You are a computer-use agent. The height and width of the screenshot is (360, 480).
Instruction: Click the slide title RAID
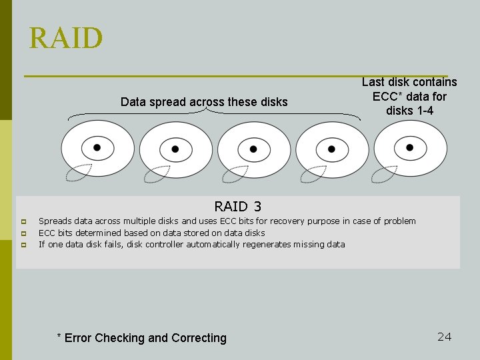(66, 38)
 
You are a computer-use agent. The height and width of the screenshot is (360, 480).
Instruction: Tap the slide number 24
(444, 337)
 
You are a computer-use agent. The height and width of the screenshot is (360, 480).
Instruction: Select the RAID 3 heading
(238, 207)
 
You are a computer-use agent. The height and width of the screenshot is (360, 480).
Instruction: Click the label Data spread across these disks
(204, 102)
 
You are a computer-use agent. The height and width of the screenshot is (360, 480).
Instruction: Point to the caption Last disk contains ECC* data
(409, 89)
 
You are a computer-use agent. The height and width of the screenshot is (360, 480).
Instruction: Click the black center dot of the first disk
(97, 147)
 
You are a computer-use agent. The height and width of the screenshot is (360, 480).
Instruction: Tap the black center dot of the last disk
(409, 147)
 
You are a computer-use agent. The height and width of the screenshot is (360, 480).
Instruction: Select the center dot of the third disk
(253, 148)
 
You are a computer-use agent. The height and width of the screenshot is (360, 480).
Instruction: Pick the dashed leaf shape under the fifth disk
(385, 174)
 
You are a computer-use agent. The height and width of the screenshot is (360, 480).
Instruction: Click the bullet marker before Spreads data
(23, 221)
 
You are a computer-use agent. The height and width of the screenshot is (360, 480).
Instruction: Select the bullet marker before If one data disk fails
(23, 245)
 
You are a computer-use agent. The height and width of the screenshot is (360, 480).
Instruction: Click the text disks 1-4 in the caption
(409, 111)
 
